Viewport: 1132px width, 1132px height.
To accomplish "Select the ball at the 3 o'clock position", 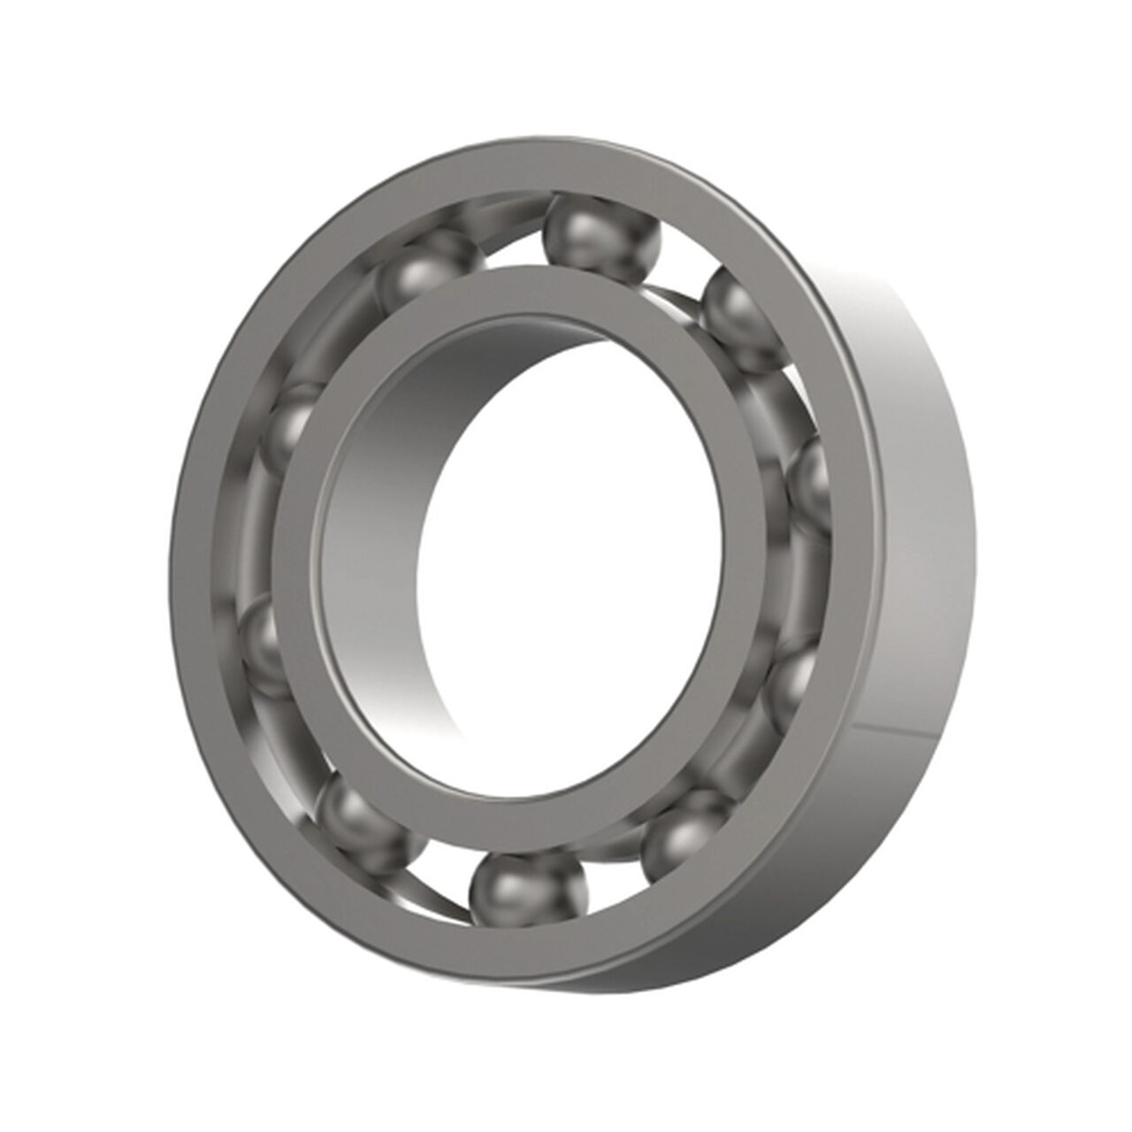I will coord(809,482).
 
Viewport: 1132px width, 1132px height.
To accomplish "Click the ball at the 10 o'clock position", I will coord(292,424).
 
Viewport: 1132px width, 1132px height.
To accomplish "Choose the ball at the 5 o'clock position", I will coord(685,831).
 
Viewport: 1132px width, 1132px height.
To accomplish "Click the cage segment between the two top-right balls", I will coord(681,292).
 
